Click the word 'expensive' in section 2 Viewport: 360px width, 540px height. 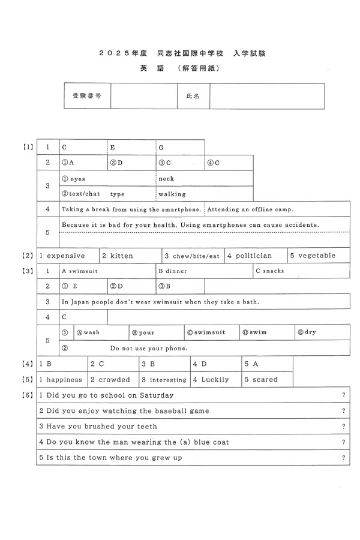[66, 256]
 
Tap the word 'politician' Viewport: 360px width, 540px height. [253, 256]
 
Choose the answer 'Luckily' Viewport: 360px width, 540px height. [215, 380]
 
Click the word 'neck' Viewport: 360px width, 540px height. [166, 179]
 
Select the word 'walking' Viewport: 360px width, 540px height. [172, 194]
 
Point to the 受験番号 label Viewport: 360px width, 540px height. [86, 96]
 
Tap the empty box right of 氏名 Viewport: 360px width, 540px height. [266, 96]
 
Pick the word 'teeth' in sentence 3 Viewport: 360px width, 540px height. [147, 427]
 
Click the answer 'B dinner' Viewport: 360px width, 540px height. [173, 271]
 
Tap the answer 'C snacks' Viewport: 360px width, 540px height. [269, 271]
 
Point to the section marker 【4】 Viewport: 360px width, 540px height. [28, 364]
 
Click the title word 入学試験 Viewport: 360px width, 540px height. [250, 53]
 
